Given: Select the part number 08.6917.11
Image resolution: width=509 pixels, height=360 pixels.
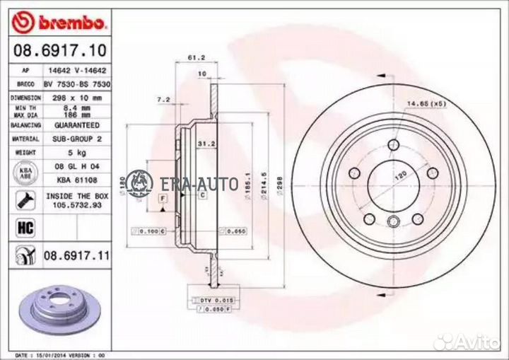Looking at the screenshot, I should tap(76, 252).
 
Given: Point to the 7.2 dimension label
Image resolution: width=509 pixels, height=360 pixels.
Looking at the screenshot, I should tap(164, 100).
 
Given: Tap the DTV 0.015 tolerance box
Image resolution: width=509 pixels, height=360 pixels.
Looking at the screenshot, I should tap(213, 301).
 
